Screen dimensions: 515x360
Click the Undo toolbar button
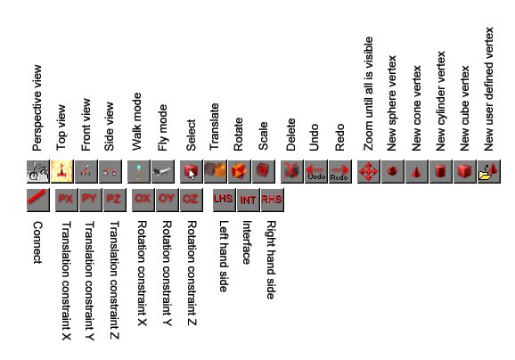(316, 171)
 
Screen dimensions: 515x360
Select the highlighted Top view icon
(61, 171)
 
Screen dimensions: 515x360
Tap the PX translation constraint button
(66, 200)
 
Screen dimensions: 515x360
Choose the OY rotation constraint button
(168, 200)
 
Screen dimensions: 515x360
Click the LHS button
(224, 200)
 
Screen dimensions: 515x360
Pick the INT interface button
(248, 200)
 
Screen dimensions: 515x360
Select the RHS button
(273, 200)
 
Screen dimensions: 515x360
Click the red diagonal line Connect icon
(38, 200)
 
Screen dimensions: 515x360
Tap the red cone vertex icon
(417, 171)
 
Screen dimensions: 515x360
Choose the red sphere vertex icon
(393, 171)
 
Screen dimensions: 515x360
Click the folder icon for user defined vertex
(489, 171)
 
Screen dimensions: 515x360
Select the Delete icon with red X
(292, 171)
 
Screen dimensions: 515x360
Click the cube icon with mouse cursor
(192, 171)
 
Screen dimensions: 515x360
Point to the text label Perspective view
(37, 108)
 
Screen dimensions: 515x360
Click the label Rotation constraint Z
(192, 273)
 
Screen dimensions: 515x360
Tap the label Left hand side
(223, 257)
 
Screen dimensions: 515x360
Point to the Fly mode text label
(162, 127)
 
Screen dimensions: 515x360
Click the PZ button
(115, 200)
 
